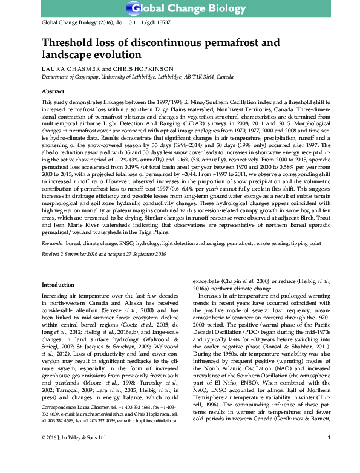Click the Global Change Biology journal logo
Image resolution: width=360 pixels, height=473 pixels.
click(x=180, y=9)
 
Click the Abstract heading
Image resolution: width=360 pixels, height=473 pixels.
click(x=52, y=90)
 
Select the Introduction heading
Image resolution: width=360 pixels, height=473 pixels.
click(x=57, y=284)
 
